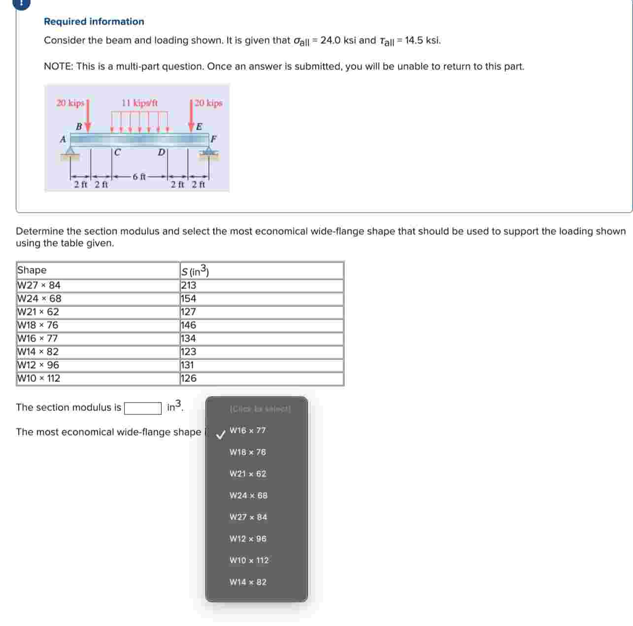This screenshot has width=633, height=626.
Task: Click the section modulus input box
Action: point(143,408)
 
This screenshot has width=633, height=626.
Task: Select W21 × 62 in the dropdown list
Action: point(248,474)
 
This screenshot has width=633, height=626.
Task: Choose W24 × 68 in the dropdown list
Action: point(248,496)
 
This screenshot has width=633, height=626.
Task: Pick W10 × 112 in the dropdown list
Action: point(249,561)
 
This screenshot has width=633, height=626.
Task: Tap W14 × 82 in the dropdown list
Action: point(248,582)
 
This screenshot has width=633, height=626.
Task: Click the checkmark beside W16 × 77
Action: point(221,434)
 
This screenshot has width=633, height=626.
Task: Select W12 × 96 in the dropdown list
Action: point(248,539)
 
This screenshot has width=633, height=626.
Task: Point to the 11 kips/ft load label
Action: point(140,103)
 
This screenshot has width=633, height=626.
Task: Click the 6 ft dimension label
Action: point(139,176)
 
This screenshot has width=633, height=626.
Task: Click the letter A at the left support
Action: point(63,140)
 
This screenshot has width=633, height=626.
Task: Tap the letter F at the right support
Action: point(213,139)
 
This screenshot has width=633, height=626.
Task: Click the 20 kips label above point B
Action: point(70,103)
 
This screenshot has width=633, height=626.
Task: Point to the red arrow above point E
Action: point(192,116)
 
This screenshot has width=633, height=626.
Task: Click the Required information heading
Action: point(94,22)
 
